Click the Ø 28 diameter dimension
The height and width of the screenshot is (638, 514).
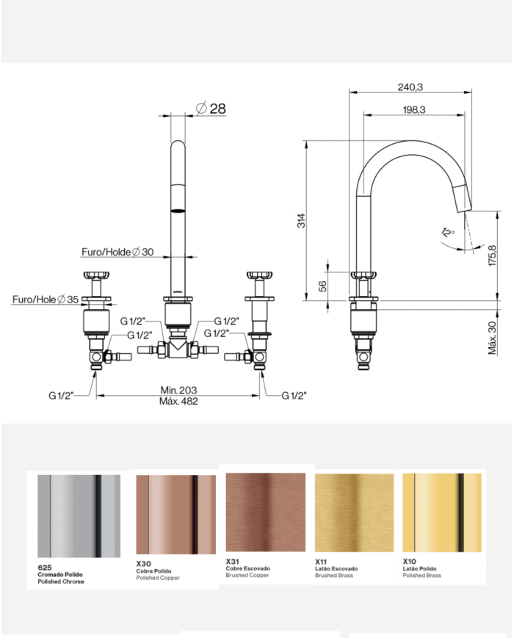(x=211, y=108)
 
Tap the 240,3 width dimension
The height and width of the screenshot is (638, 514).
(x=410, y=87)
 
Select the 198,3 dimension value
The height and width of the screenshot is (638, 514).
(x=414, y=109)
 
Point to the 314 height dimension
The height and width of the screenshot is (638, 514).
(x=301, y=220)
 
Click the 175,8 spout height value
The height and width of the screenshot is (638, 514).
(x=493, y=255)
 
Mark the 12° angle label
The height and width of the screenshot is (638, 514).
(x=448, y=233)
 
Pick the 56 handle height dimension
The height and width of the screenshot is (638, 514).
(x=322, y=286)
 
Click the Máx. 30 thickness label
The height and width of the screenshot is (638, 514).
(x=493, y=338)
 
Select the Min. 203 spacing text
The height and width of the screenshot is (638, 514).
(x=178, y=390)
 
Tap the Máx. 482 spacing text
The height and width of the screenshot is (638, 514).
(x=178, y=401)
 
